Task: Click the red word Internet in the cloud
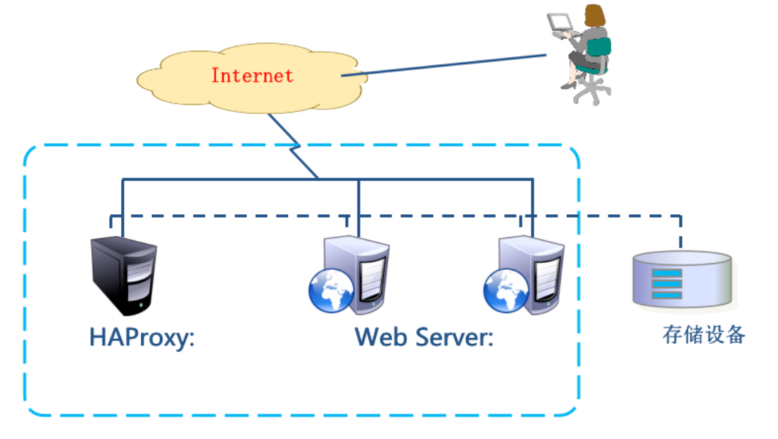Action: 252,75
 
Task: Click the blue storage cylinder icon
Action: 682,279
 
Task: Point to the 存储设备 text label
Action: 703,334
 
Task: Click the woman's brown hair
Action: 594,16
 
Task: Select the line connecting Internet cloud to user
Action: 444,65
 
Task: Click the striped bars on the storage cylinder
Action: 665,284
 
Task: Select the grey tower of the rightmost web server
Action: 539,271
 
